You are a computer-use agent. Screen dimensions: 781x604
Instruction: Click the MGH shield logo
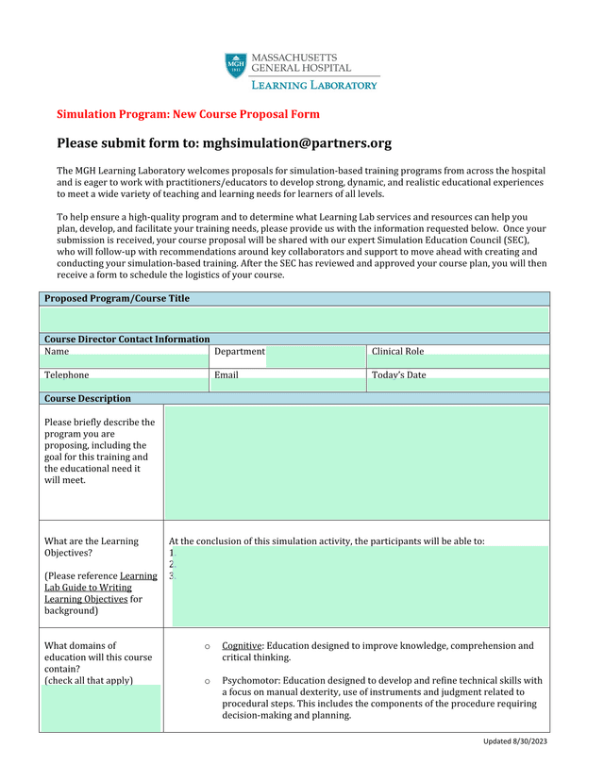coord(236,66)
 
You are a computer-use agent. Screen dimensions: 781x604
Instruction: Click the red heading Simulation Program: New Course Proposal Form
coord(188,114)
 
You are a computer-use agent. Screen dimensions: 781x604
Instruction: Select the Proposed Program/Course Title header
coord(116,298)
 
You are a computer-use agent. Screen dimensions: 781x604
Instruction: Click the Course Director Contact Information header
coord(126,339)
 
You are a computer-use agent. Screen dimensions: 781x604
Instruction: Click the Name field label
coord(57,352)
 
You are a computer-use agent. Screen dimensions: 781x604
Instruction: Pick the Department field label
coord(240,352)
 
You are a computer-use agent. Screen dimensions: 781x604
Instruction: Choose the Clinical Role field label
coord(397,352)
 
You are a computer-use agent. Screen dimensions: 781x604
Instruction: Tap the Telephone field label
coord(66,374)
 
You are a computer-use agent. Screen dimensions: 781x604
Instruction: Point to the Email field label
coord(226,374)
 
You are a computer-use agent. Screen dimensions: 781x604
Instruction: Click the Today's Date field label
coord(398,374)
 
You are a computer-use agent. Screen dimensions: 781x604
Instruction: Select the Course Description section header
coord(88,398)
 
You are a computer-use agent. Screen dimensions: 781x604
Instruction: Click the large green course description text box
coord(356,462)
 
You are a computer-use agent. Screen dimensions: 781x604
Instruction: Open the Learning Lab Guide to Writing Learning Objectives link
coord(101,587)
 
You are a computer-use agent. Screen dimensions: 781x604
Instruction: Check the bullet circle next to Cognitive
coord(207,646)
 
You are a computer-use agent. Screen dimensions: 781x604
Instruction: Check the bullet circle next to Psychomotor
coord(207,680)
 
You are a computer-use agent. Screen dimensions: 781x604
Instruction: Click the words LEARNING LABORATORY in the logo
coord(314,85)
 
